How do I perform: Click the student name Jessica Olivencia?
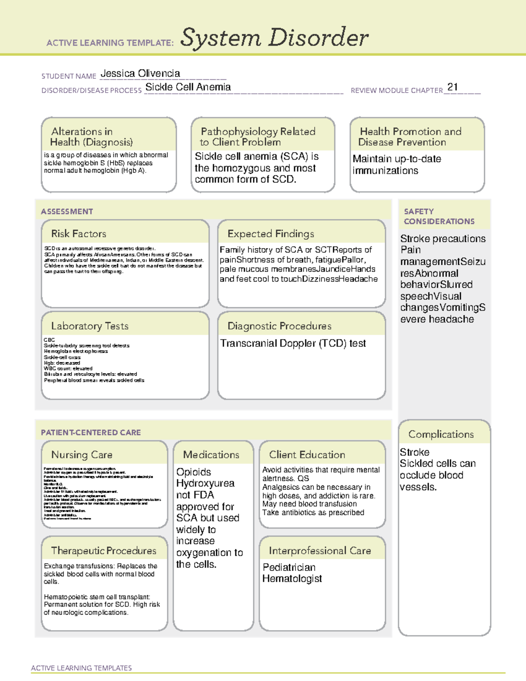[140, 73]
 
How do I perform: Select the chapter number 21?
[452, 87]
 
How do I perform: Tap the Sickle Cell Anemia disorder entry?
[188, 87]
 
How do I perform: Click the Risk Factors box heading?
[78, 234]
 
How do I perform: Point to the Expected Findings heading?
[270, 234]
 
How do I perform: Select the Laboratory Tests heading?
[89, 326]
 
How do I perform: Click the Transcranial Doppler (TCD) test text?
[292, 343]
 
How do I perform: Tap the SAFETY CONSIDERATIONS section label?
[439, 216]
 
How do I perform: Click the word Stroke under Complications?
[414, 452]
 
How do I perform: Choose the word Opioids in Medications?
[193, 472]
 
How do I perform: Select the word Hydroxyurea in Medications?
[205, 483]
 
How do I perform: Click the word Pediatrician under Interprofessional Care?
[289, 567]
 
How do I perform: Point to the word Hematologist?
[292, 579]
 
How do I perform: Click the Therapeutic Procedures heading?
[103, 550]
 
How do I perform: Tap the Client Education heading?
[307, 455]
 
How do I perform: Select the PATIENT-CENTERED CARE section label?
[91, 432]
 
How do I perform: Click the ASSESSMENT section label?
[67, 211]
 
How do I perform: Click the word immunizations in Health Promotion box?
[385, 171]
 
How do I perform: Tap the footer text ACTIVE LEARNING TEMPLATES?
[81, 668]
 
